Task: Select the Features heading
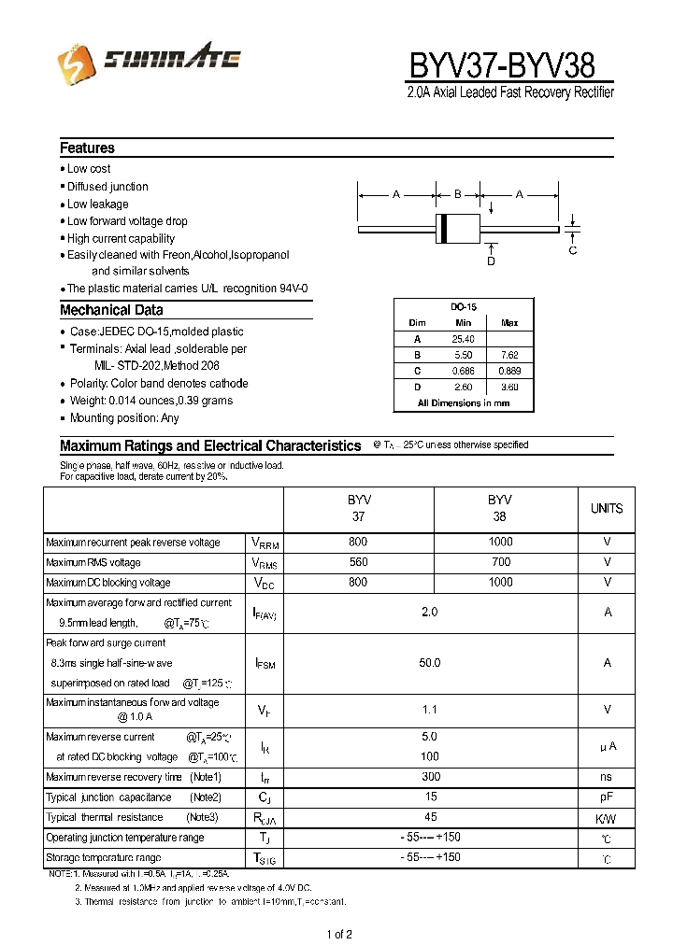click(87, 148)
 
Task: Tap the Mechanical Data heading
click(111, 310)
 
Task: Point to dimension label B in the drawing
click(458, 194)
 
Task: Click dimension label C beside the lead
click(573, 250)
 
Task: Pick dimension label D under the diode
click(491, 261)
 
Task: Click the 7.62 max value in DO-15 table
click(509, 355)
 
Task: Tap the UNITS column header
click(607, 509)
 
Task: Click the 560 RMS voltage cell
click(358, 562)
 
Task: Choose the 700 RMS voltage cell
click(500, 562)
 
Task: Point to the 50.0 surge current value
click(429, 662)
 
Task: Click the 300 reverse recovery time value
click(429, 777)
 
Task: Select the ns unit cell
click(607, 777)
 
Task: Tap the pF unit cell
click(607, 797)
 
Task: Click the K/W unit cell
click(607, 818)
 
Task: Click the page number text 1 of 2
click(338, 934)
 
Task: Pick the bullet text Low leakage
click(97, 204)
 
